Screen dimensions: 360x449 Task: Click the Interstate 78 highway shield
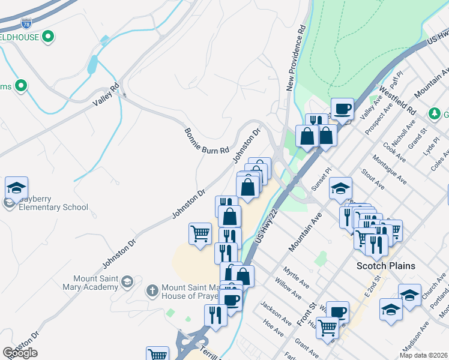(x=26, y=24)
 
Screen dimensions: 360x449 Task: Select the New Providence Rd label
(x=296, y=58)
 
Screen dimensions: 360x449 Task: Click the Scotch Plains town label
(x=386, y=266)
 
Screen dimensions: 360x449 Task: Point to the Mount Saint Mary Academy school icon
(x=127, y=281)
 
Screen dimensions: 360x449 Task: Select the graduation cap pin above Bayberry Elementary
(x=16, y=187)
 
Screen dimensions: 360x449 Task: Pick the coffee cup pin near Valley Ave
(x=342, y=109)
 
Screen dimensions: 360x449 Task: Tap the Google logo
(x=20, y=353)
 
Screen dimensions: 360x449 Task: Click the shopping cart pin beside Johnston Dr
(x=200, y=233)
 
